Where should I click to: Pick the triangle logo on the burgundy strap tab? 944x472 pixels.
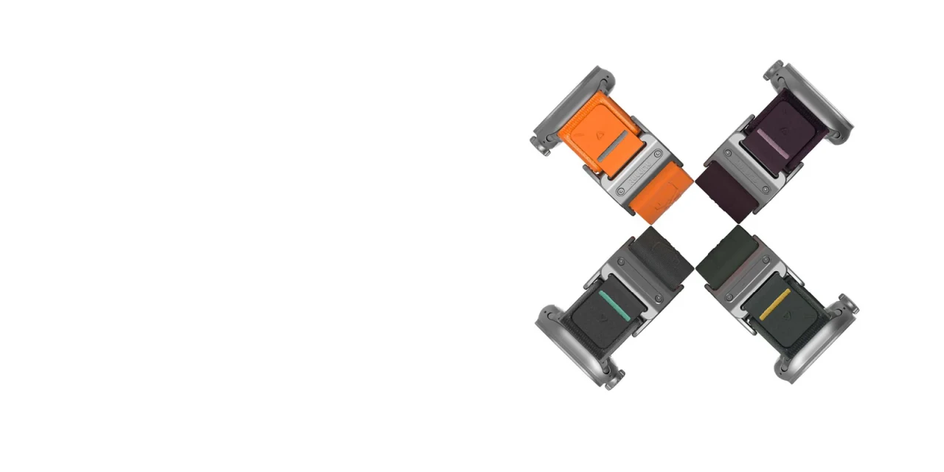(785, 131)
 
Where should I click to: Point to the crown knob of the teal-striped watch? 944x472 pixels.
(610, 381)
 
